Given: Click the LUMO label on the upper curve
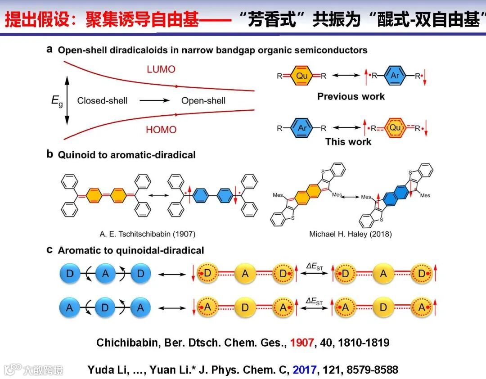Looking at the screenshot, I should pos(161,70).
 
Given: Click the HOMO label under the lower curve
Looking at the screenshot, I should pos(161,130).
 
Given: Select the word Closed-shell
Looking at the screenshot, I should pos(102,100).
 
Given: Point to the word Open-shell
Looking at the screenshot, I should pos(203,100).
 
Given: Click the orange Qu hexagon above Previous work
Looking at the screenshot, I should pos(301,76).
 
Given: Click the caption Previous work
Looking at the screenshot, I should pos(351,96).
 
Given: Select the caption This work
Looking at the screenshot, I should pos(348,142).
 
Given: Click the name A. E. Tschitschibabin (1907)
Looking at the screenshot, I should pos(148,234).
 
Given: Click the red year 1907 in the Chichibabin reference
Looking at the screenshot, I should pos(301,343).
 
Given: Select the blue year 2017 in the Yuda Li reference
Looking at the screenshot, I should pos(305,370).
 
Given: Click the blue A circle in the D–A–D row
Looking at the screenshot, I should pos(105,274).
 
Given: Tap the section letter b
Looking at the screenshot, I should pos(50,154).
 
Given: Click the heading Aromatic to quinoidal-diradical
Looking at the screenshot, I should pos(131,250).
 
